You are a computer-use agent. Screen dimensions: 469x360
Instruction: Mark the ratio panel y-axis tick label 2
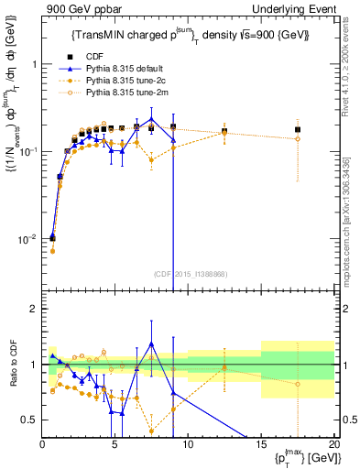32,310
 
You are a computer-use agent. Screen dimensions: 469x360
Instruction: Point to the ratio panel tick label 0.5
27,420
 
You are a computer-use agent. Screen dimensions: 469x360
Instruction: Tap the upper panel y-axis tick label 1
32,65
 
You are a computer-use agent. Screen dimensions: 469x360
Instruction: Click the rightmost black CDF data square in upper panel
297,129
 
